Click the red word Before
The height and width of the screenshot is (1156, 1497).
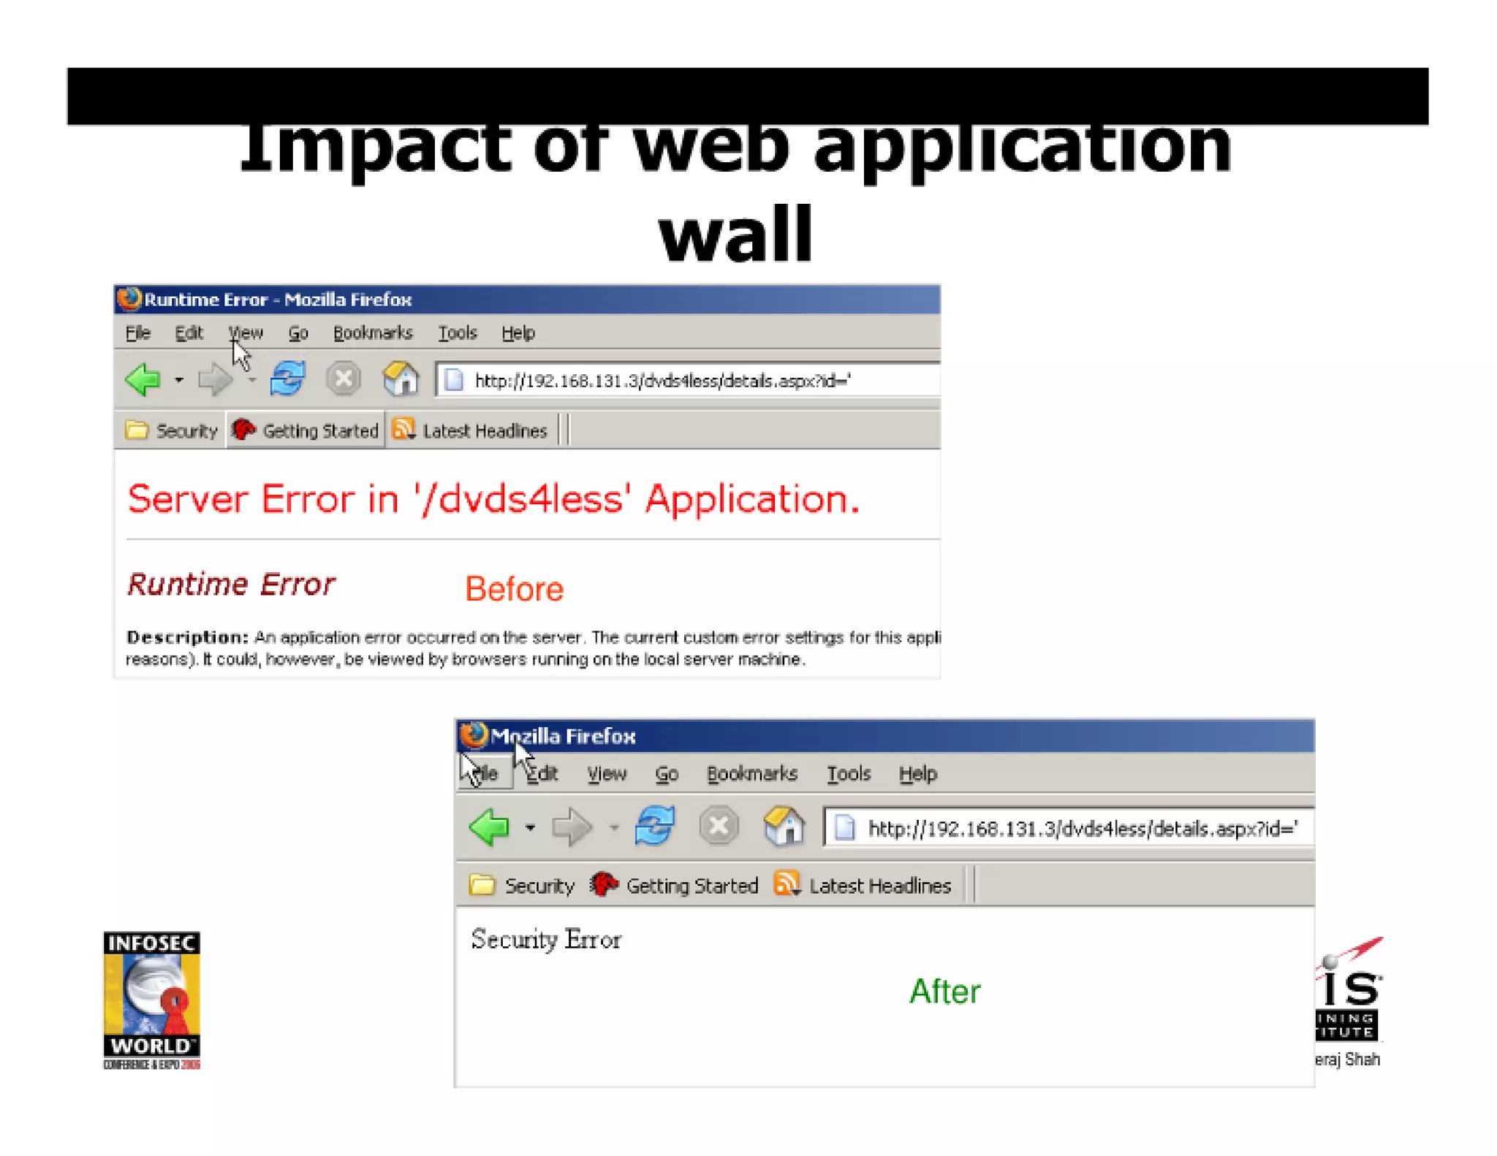tap(514, 589)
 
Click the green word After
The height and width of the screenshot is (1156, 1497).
tap(944, 992)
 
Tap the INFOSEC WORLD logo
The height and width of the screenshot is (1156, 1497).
tap(151, 1000)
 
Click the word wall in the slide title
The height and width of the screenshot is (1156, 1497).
tap(735, 235)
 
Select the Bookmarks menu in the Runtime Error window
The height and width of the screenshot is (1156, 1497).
tap(373, 333)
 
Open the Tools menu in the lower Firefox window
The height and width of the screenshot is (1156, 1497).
tap(848, 774)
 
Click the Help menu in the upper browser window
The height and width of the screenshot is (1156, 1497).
tap(518, 333)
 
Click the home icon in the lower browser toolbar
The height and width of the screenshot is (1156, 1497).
tap(784, 827)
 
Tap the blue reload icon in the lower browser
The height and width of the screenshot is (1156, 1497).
tap(654, 827)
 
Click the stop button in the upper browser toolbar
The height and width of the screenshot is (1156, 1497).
tap(343, 379)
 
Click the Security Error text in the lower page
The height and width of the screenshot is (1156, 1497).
tap(546, 940)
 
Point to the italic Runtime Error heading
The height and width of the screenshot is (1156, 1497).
tap(231, 585)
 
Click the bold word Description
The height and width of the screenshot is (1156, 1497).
tap(187, 637)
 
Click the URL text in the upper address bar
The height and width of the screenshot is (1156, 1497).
tap(662, 381)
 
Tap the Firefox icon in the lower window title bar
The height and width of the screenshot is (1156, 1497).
tap(474, 735)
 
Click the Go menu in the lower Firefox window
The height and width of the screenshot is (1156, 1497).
tap(666, 774)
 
